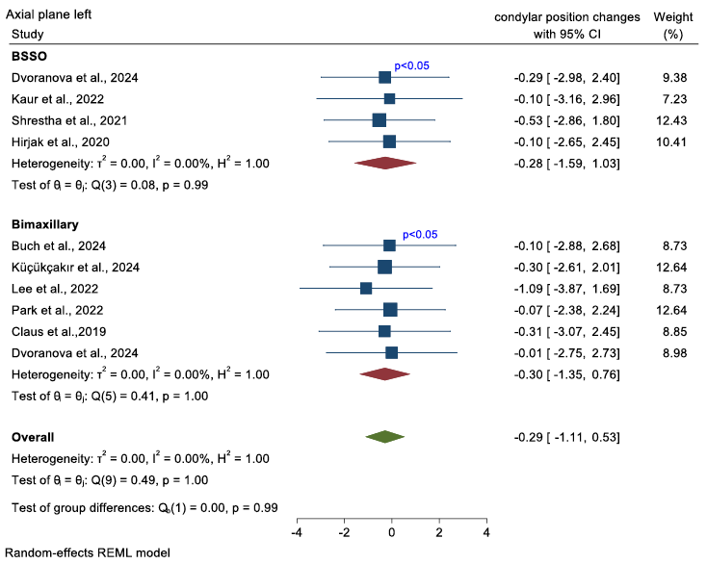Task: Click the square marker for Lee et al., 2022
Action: click(x=366, y=288)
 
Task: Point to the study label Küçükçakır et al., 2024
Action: click(x=73, y=267)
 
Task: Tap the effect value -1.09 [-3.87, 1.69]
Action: click(x=565, y=288)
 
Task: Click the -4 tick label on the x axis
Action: click(x=297, y=532)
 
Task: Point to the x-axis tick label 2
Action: click(x=439, y=532)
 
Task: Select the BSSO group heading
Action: click(x=29, y=56)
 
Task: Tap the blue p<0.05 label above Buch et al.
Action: click(x=420, y=234)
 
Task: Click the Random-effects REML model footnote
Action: click(x=88, y=553)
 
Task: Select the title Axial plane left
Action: click(x=55, y=17)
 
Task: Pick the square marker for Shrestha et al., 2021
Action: click(x=379, y=120)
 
